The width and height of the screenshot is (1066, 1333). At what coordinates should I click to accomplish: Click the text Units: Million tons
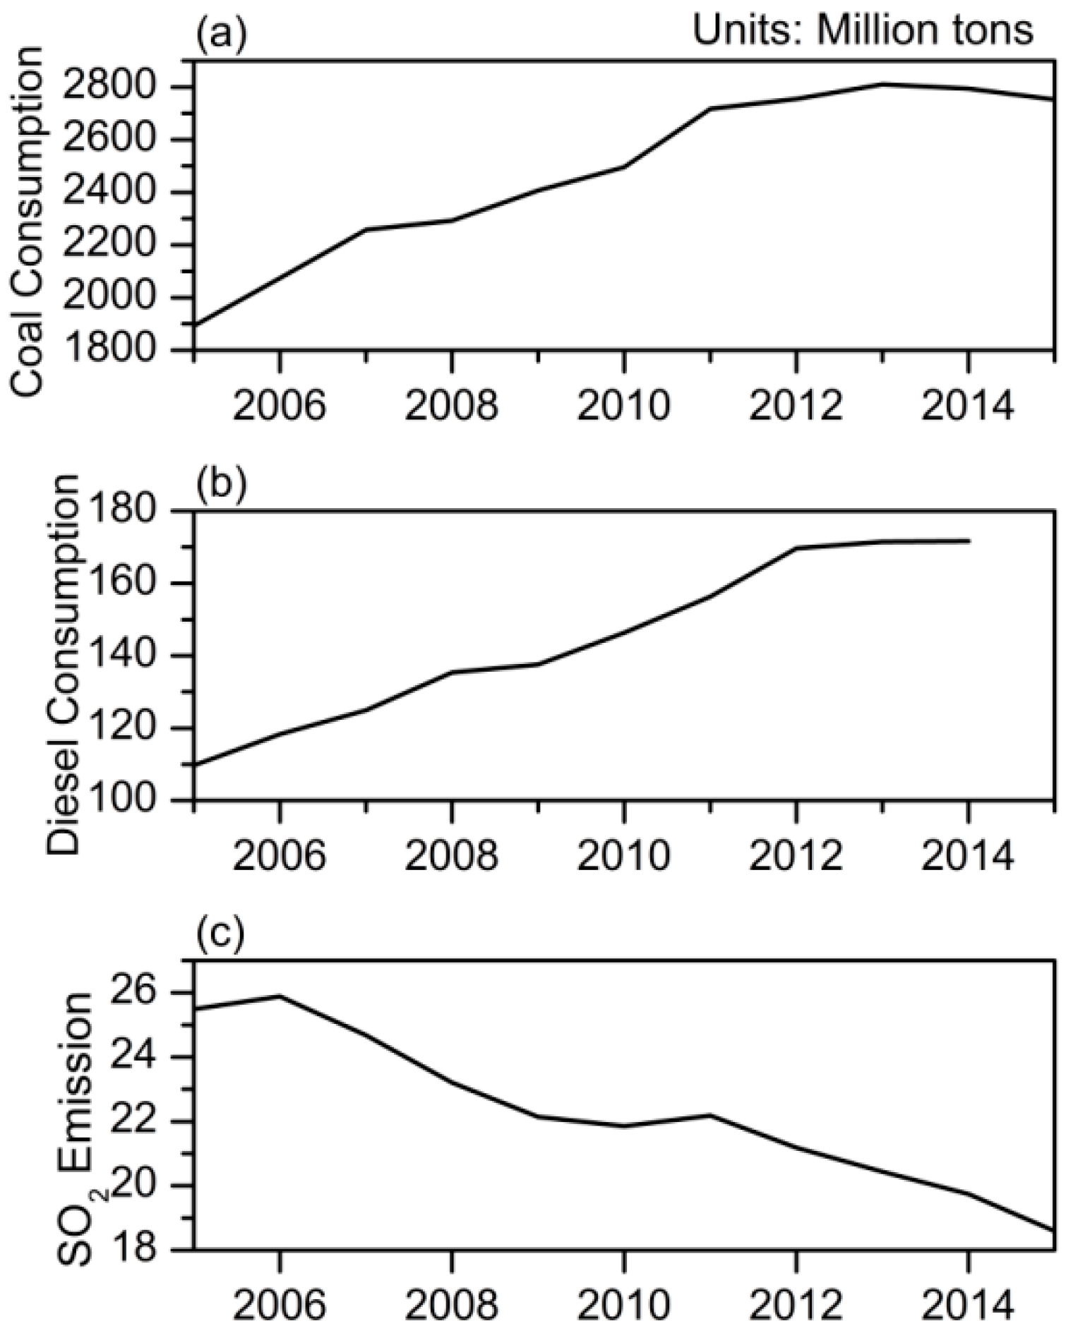pos(863,31)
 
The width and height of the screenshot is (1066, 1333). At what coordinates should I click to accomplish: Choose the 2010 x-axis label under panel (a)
pos(623,406)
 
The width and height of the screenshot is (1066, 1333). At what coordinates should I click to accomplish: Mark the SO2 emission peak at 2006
pos(280,996)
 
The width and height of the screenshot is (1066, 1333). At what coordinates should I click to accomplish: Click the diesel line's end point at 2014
pos(969,541)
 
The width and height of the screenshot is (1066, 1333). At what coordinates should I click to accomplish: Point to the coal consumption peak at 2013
pos(882,84)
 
